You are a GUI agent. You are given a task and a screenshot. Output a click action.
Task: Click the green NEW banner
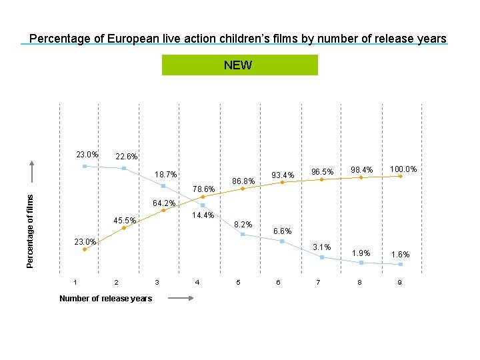pos(240,65)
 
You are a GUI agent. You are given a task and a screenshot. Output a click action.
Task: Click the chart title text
pos(238,39)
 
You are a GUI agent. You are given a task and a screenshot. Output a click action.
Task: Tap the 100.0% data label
pos(403,169)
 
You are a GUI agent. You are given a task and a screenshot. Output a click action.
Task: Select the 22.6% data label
pos(126,157)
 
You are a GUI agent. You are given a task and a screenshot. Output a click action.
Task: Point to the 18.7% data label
pos(165,175)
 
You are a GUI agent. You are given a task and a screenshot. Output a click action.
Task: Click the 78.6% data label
pos(203,189)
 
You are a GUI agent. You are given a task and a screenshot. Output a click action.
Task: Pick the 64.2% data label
pos(164,203)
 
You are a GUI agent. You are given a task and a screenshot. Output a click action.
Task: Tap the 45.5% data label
pos(125,221)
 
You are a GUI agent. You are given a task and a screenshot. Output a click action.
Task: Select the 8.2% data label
pos(243,225)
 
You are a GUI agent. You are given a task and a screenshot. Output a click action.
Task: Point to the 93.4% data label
pos(283,176)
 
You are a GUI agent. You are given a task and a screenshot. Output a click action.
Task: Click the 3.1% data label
pos(322,247)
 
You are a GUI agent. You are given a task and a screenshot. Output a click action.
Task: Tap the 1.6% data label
pos(401,255)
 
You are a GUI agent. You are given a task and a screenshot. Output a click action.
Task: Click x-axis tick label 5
pos(238,282)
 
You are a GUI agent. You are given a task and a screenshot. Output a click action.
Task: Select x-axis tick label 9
pos(399,282)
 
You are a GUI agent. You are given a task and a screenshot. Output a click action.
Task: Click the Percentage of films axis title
pos(29,230)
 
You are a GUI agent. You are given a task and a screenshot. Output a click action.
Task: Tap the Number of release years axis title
pos(105,298)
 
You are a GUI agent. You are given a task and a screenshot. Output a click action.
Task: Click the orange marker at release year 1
pos(85,249)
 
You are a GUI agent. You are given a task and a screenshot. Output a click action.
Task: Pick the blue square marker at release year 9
pos(400,265)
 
